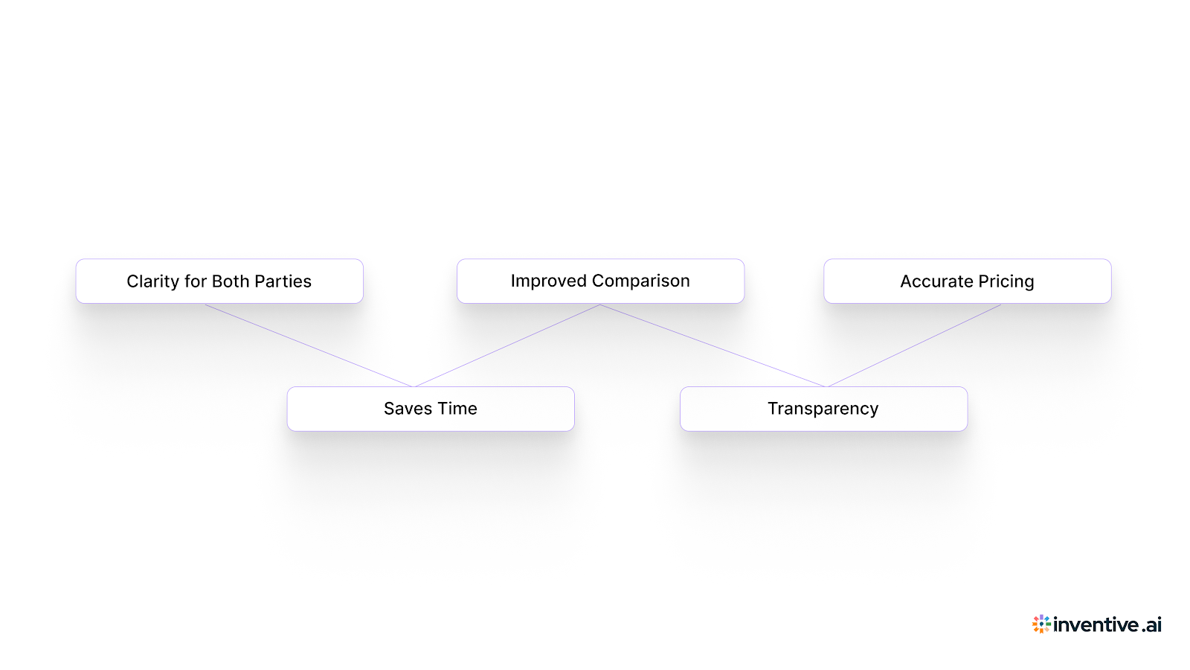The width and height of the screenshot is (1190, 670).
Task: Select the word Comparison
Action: coord(641,281)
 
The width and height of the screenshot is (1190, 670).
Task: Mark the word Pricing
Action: coord(1006,281)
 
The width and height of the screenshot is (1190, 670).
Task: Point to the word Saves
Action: coord(408,409)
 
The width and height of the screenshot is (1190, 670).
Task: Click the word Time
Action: coord(457,409)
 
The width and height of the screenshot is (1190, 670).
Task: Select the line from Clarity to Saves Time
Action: coord(309,345)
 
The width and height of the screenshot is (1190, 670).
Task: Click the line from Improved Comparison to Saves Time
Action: coord(507,345)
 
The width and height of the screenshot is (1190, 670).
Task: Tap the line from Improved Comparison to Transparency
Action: coord(713,345)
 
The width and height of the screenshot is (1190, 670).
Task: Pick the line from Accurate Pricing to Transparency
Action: coord(914,345)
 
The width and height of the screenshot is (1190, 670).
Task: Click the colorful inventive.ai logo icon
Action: coord(1041,624)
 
